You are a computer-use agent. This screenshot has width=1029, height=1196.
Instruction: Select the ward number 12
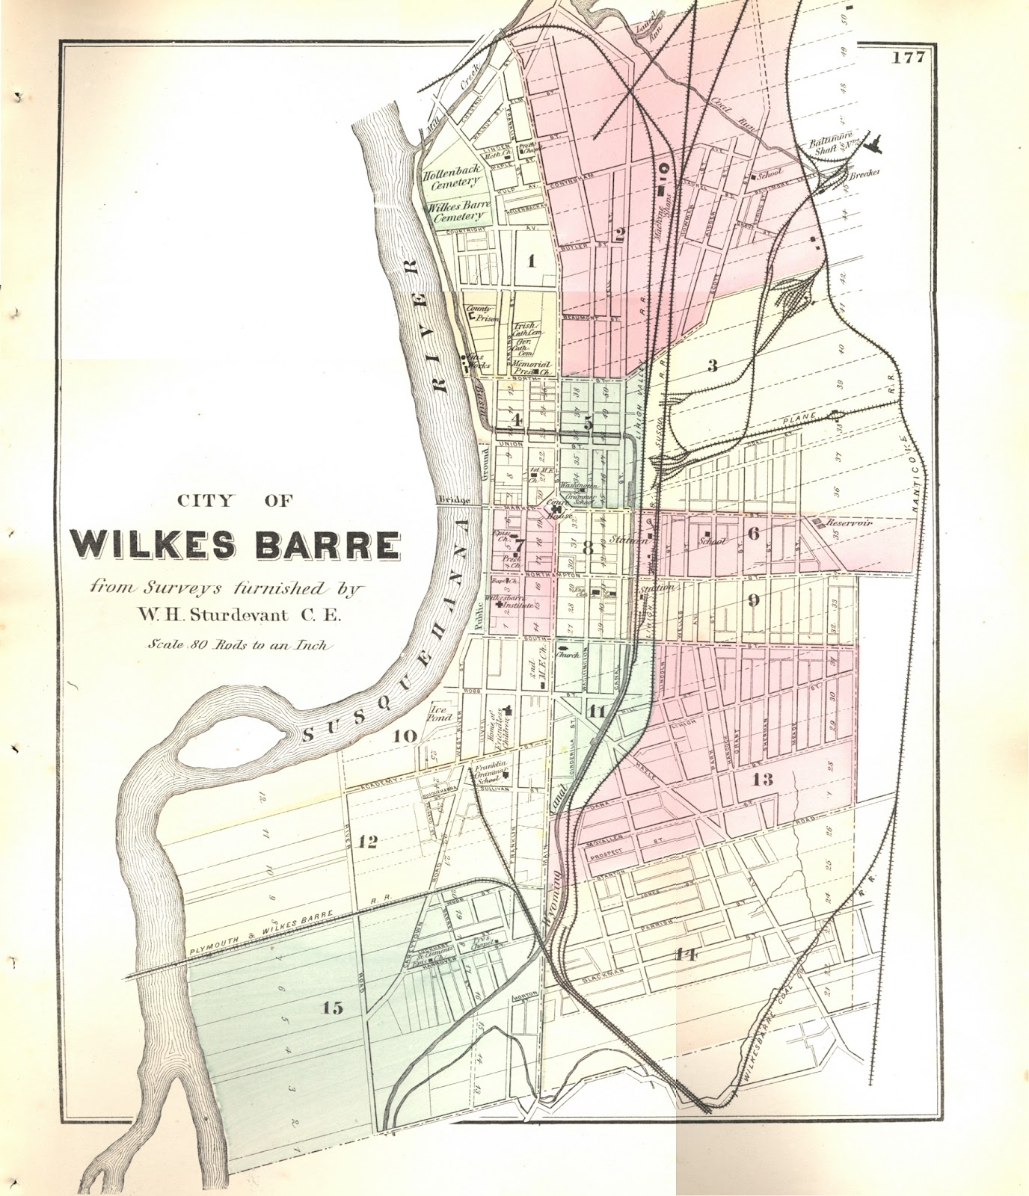pyautogui.click(x=367, y=842)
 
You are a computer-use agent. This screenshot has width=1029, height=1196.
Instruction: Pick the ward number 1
pyautogui.click(x=532, y=261)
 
